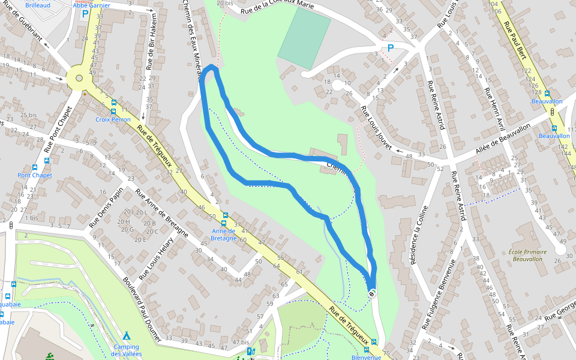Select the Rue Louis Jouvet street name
pyautogui.click(x=376, y=128)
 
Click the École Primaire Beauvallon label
pyautogui.click(x=525, y=255)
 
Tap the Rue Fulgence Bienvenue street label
pyautogui.click(x=439, y=295)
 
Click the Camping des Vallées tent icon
pyautogui.click(x=126, y=335)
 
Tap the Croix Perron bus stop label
pyautogui.click(x=113, y=119)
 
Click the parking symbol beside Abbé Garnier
pyautogui.click(x=85, y=13)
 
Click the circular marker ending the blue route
pyautogui.click(x=372, y=293)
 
